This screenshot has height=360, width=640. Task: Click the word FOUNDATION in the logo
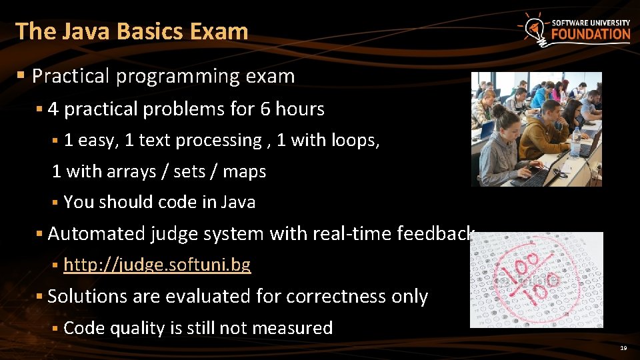[590, 35]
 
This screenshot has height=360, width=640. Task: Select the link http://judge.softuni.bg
[157, 265]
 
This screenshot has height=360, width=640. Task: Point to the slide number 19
[623, 348]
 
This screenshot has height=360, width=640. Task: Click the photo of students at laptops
[536, 129]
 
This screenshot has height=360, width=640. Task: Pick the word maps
[245, 172]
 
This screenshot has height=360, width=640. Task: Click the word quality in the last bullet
[137, 328]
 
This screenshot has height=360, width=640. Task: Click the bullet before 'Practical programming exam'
[23, 77]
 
